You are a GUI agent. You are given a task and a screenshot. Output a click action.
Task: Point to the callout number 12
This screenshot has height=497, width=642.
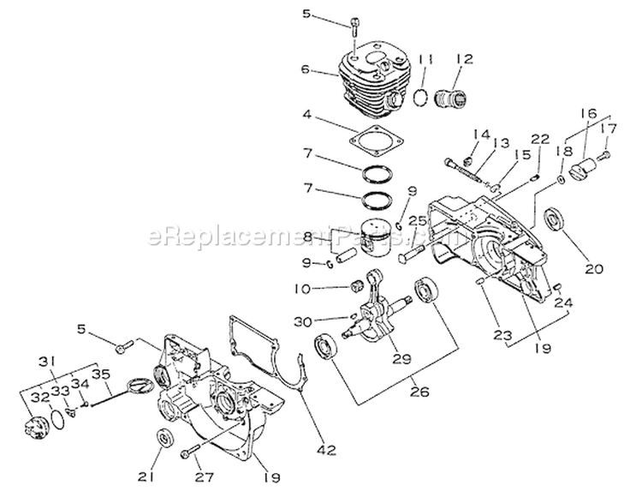point(464,58)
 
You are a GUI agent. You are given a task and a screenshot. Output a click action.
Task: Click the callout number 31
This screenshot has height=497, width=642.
point(48,359)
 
